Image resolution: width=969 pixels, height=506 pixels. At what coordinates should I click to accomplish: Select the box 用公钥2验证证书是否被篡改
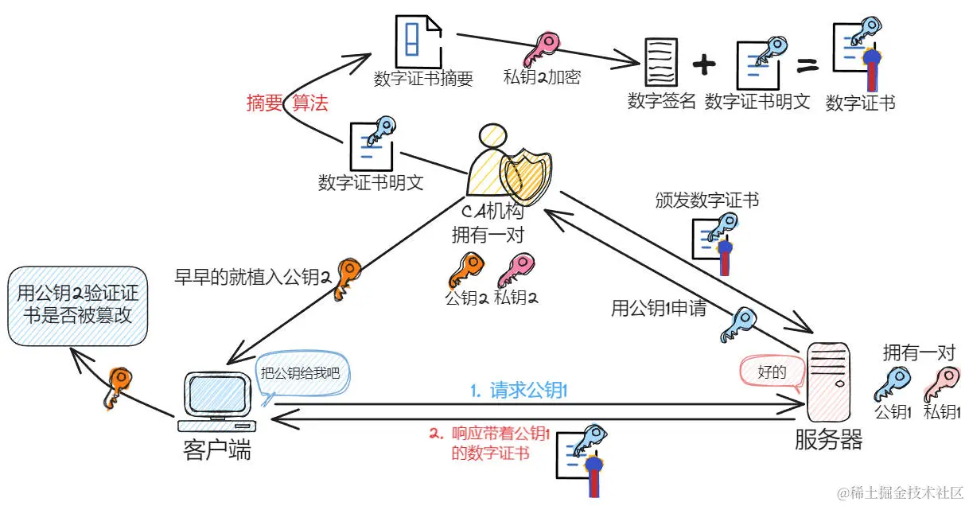pos(77,306)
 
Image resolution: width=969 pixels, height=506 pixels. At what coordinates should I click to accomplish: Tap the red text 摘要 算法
pos(286,103)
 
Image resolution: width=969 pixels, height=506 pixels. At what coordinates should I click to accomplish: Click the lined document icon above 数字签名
pos(661,64)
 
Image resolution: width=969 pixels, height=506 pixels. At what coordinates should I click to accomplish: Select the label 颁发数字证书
pos(706,200)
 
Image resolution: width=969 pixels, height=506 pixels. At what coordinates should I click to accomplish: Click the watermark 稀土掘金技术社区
pos(900,492)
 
